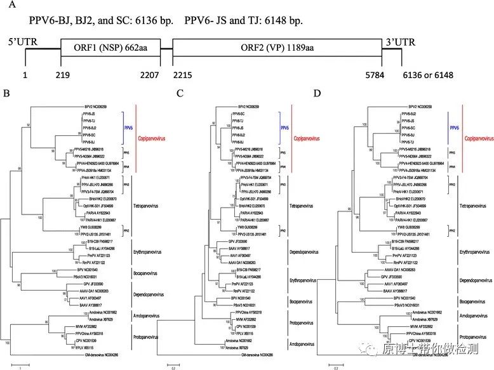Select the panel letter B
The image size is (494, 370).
click(6, 94)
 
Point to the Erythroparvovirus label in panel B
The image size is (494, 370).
click(149, 251)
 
